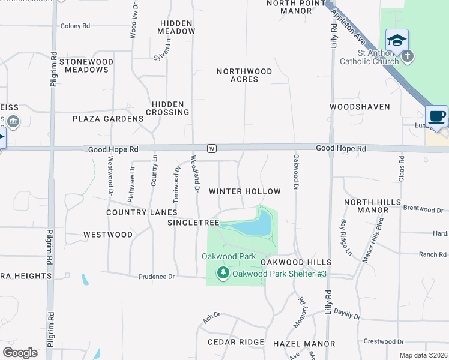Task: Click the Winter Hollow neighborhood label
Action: pyautogui.click(x=244, y=191)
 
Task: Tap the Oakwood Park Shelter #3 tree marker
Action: pyautogui.click(x=223, y=274)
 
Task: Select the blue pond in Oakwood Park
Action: pyautogui.click(x=252, y=227)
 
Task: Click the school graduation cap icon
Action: pyautogui.click(x=397, y=41)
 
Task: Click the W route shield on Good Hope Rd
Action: pyautogui.click(x=211, y=148)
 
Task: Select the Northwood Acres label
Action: pyautogui.click(x=244, y=75)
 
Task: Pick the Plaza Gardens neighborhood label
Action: pyautogui.click(x=108, y=119)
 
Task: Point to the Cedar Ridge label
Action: pyautogui.click(x=235, y=342)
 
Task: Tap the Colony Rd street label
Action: pyautogui.click(x=75, y=26)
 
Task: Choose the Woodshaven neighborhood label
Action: pyautogui.click(x=360, y=107)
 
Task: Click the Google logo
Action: pyautogui.click(x=20, y=353)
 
